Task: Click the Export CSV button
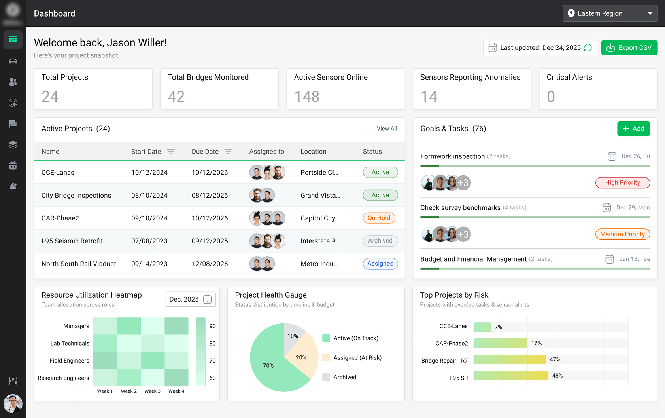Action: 629,48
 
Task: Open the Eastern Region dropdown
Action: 610,13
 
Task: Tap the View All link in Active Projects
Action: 387,129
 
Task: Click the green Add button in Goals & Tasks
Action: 633,129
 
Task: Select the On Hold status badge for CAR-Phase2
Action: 379,218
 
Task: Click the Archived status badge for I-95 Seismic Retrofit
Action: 380,241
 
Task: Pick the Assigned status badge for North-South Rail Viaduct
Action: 380,264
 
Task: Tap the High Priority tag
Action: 622,183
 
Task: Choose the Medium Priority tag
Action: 622,234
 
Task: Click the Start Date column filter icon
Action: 171,152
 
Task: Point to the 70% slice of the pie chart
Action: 269,366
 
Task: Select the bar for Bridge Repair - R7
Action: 510,359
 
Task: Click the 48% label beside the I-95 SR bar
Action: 557,376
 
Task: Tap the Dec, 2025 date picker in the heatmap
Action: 191,299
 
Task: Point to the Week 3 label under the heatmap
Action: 153,391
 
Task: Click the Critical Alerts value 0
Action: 551,97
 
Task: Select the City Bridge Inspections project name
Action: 76,196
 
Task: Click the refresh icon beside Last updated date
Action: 588,48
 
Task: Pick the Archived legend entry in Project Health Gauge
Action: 344,377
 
